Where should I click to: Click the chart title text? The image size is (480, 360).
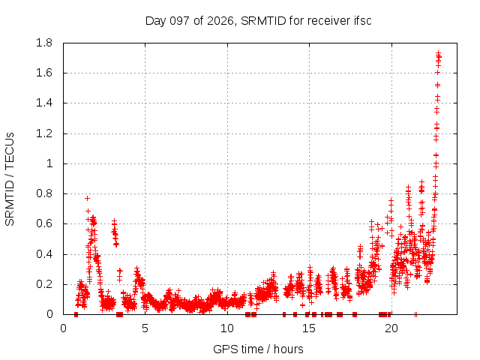tap(258, 21)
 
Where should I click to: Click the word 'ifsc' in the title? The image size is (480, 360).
tap(362, 21)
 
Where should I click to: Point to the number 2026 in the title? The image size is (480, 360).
tap(220, 21)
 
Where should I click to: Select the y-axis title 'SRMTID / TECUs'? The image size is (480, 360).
tap(10, 179)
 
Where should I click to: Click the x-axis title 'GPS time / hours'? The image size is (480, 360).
tap(258, 349)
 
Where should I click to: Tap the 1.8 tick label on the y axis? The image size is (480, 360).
tap(44, 43)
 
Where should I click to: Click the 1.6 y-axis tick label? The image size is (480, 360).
tap(44, 73)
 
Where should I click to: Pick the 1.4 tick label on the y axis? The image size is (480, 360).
tap(44, 103)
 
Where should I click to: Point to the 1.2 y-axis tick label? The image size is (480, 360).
tap(44, 133)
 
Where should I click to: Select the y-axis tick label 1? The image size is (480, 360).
tap(49, 163)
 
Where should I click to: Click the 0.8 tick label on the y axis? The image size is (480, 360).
tap(44, 193)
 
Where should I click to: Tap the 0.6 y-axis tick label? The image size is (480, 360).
tap(44, 223)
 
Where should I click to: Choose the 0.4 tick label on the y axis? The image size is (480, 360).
tap(44, 254)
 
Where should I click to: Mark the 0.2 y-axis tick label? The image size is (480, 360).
tap(44, 284)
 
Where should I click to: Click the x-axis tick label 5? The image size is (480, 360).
tap(145, 328)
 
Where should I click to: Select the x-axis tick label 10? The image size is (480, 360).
tap(226, 328)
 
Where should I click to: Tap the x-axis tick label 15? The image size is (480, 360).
tap(309, 328)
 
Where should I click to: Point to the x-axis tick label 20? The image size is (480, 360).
tap(391, 328)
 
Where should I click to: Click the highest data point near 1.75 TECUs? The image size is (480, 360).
tap(438, 52)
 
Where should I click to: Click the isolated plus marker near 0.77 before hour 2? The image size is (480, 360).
tap(87, 198)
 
